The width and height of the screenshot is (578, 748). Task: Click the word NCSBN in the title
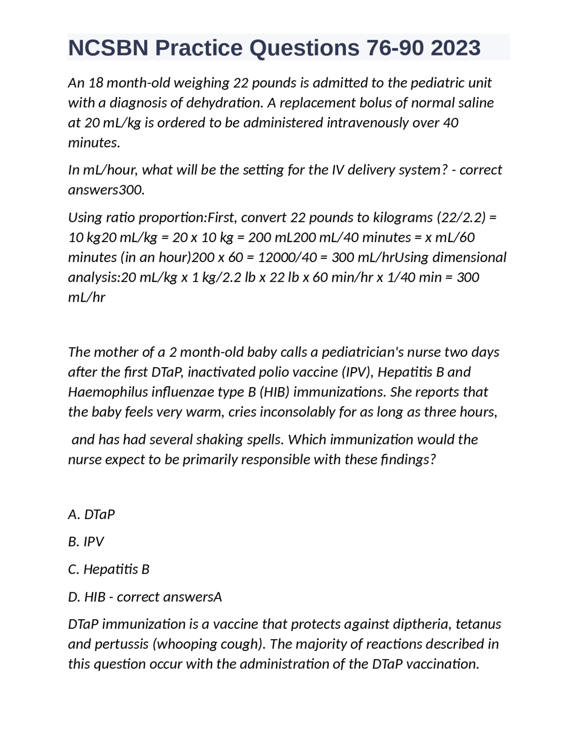(x=107, y=48)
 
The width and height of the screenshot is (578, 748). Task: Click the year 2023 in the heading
(x=455, y=48)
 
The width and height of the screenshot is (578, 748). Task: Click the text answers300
(x=106, y=190)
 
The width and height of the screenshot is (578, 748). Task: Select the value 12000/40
(x=292, y=257)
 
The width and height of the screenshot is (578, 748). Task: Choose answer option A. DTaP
(x=91, y=514)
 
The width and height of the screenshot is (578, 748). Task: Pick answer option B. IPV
(x=86, y=542)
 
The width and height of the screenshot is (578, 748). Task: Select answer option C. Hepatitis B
(x=108, y=570)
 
